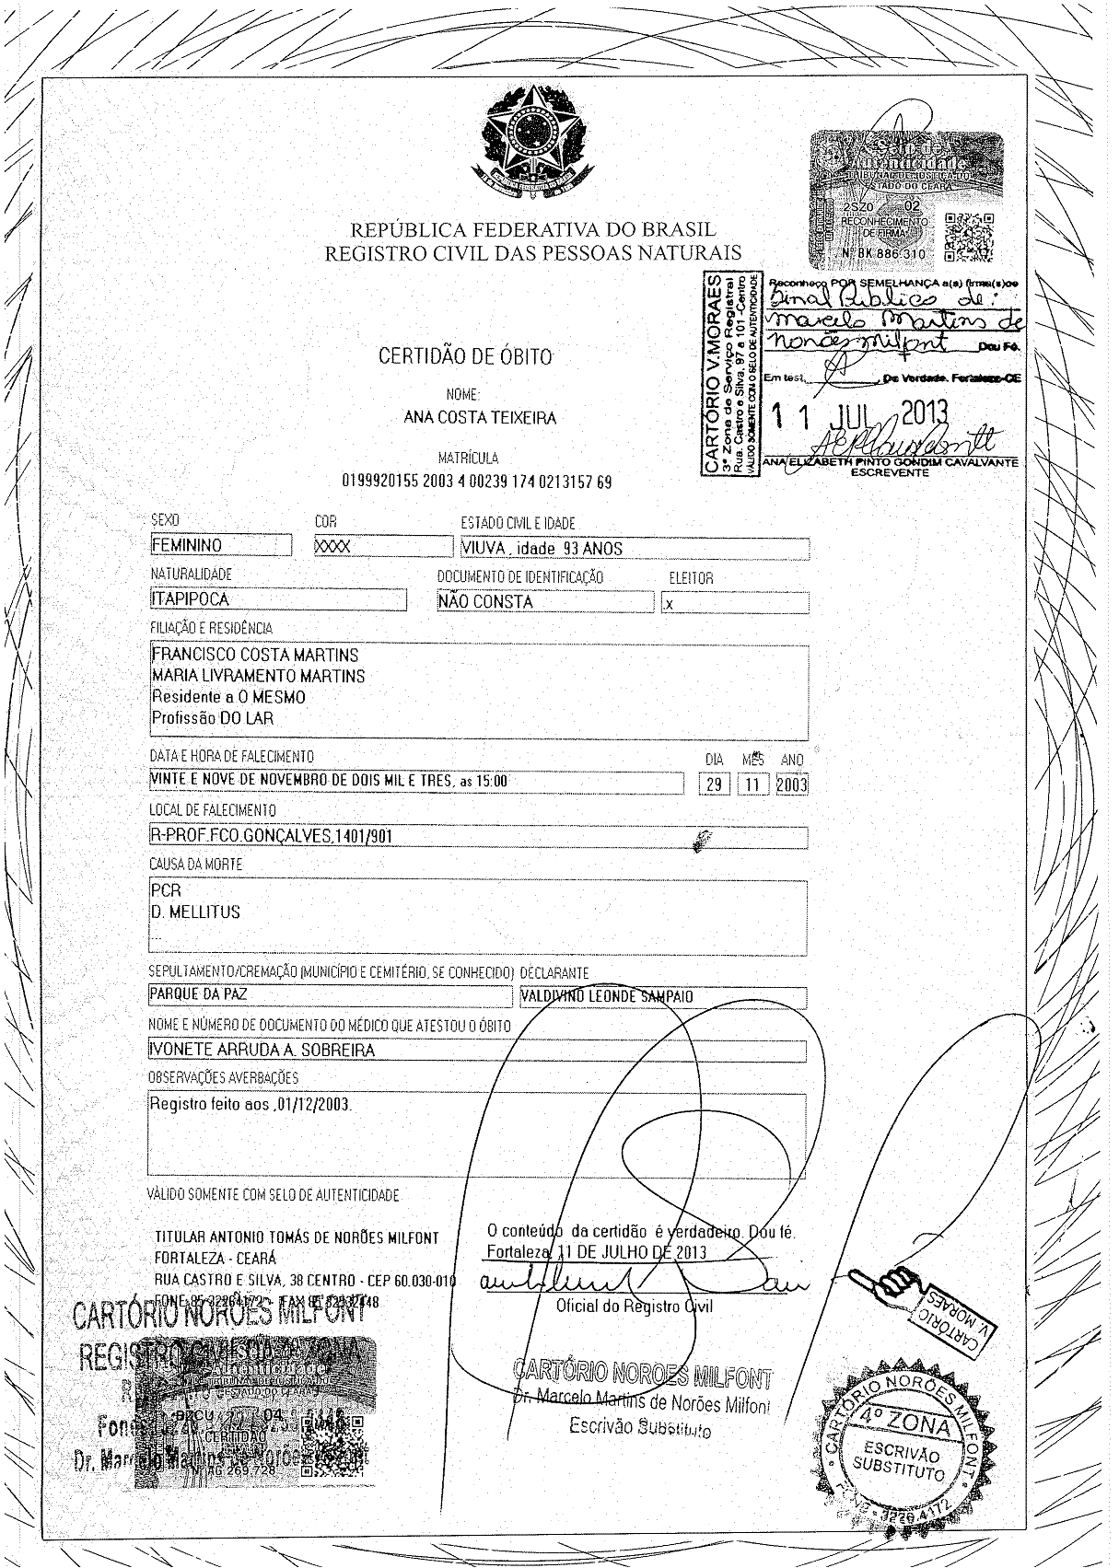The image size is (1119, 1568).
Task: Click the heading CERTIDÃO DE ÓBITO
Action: tap(467, 356)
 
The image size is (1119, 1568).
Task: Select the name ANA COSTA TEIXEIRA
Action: tap(480, 417)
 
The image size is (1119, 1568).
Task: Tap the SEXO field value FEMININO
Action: tap(187, 545)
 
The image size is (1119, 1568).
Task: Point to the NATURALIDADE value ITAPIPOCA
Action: tap(191, 599)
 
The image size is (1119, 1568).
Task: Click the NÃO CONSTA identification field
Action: tap(486, 601)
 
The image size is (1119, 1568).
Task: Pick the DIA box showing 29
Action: tap(713, 784)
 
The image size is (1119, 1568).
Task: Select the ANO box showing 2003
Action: tap(791, 784)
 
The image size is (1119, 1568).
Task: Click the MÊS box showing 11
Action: tap(754, 784)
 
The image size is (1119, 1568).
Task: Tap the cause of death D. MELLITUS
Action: tap(195, 912)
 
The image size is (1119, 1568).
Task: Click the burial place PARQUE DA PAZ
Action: tap(199, 995)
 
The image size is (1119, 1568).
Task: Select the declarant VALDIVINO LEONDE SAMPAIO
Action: tap(607, 996)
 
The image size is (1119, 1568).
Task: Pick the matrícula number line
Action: tap(476, 482)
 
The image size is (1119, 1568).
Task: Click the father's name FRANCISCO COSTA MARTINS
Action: tap(255, 655)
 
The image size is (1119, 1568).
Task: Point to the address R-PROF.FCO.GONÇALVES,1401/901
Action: tap(275, 837)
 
